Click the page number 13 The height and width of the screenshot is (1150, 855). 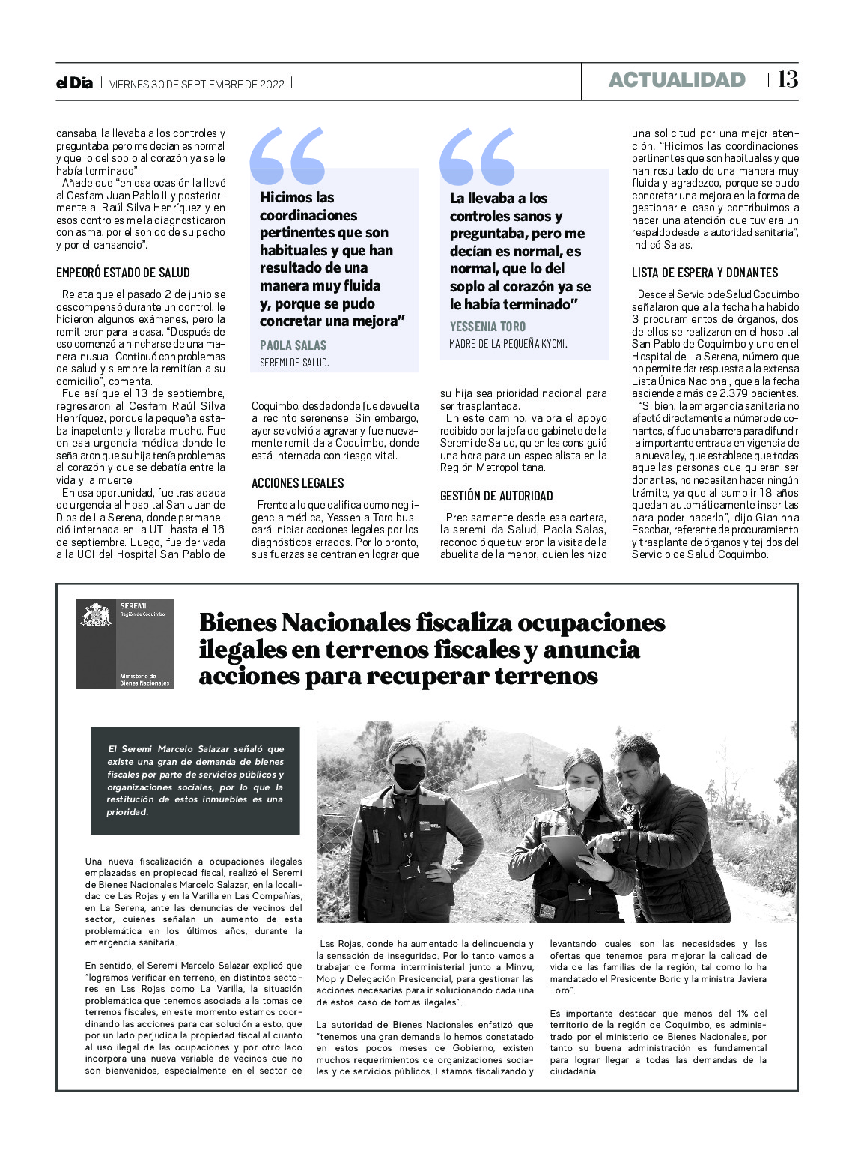(x=788, y=79)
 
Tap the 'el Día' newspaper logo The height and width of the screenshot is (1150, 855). (x=74, y=83)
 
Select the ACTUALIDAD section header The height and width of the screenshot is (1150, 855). (x=677, y=80)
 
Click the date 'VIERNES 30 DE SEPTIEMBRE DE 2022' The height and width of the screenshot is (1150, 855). (x=197, y=84)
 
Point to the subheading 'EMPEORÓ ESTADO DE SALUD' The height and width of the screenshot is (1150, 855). (x=123, y=273)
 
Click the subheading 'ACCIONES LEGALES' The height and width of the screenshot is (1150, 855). (x=297, y=483)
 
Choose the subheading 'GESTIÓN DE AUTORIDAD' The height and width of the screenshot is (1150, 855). (x=496, y=496)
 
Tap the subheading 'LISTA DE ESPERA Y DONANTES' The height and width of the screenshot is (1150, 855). (x=705, y=273)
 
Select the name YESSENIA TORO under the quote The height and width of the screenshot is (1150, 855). (x=487, y=327)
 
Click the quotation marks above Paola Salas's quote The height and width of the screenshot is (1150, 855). (x=287, y=155)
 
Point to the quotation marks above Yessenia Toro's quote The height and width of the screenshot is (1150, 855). (x=477, y=156)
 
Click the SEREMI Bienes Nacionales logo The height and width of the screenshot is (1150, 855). (x=124, y=644)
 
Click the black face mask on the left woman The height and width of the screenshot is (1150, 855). (x=408, y=775)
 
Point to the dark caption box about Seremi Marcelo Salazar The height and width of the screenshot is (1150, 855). (x=195, y=781)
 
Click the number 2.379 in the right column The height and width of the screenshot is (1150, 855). (x=749, y=393)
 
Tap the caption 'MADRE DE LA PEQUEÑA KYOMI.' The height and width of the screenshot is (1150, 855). (x=508, y=344)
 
